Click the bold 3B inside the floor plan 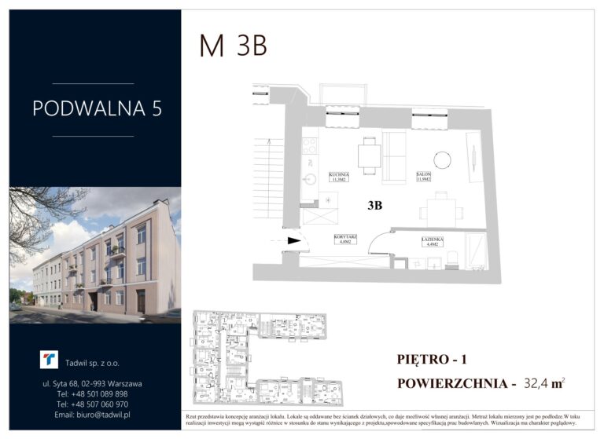click(375, 206)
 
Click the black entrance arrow click(294, 242)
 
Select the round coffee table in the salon click(443, 159)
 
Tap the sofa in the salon click(393, 157)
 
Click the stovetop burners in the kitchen click(310, 145)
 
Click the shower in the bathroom click(476, 251)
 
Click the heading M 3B click(233, 46)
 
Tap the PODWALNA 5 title click(97, 108)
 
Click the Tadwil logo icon click(49, 360)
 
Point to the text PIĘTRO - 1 click(432, 360)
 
